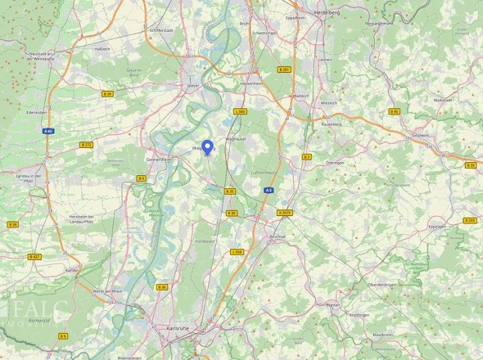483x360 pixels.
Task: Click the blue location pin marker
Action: click(x=207, y=146)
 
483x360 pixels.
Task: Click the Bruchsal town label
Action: click(x=277, y=236)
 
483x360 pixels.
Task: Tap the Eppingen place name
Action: click(x=436, y=227)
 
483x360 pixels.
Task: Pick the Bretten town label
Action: click(x=332, y=304)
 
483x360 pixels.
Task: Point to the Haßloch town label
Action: click(x=102, y=47)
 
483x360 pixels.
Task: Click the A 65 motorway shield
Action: click(x=48, y=131)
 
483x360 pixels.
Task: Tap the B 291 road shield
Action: click(x=284, y=70)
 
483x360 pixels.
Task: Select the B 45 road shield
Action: click(x=394, y=111)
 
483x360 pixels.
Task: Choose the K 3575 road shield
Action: click(x=284, y=213)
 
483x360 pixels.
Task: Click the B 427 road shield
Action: click(x=34, y=256)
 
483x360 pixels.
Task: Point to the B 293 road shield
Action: click(x=469, y=220)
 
